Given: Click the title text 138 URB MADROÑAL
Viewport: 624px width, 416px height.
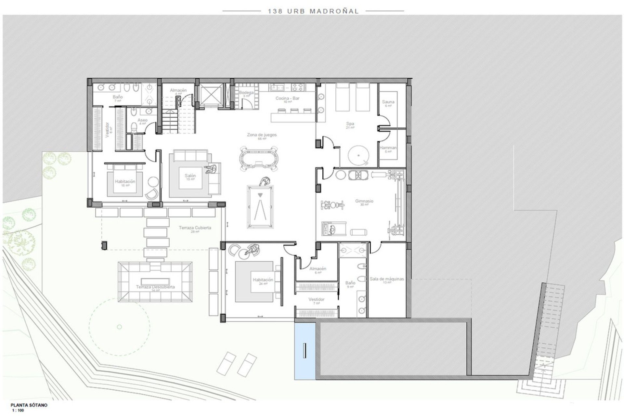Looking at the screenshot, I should click(313, 11).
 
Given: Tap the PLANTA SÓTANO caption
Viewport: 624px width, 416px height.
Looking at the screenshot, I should click(29, 405).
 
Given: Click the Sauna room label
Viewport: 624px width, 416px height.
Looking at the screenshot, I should click(388, 102).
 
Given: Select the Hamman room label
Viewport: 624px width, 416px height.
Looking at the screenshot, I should click(388, 148).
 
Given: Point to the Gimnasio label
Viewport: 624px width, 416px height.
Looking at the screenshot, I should click(364, 201).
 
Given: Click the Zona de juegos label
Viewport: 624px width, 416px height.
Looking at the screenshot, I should click(262, 135).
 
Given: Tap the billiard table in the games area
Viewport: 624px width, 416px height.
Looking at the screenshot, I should click(260, 207).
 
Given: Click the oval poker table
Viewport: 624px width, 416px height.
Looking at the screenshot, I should click(259, 159).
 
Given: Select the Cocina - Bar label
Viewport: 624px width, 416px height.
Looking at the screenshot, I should click(287, 98).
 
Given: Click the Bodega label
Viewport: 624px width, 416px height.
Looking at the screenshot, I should click(246, 93).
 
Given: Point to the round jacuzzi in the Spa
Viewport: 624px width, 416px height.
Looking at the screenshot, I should click(358, 155).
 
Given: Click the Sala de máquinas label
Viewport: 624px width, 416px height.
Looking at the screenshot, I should click(386, 279).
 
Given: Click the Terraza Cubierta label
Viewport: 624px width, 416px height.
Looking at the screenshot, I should click(195, 228).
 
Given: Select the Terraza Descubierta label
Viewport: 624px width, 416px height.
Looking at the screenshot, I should click(155, 287).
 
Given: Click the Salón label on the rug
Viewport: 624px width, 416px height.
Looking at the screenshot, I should click(190, 176).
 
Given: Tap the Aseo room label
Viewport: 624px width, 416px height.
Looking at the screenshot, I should click(142, 120).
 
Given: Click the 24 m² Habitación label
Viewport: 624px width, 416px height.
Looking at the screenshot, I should click(263, 280).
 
